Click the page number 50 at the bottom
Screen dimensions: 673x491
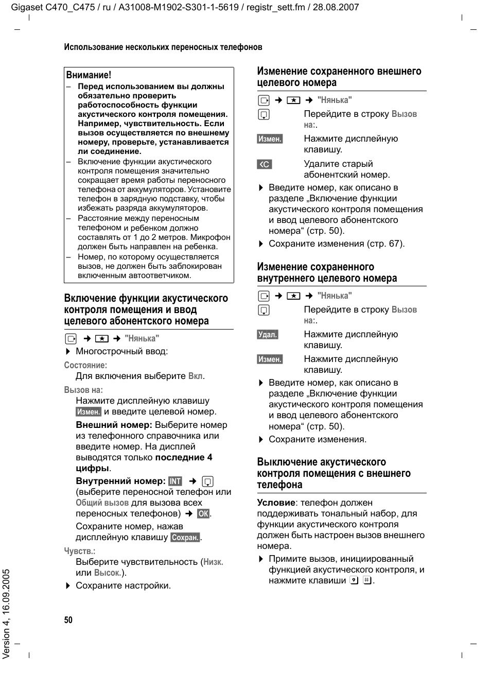coord(68,620)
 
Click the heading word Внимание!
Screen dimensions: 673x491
coord(89,75)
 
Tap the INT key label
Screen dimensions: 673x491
coord(175,481)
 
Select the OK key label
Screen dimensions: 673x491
coord(203,513)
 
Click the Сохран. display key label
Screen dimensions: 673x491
coord(185,538)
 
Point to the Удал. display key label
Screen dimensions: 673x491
coord(268,335)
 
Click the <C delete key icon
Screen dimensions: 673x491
coord(265,164)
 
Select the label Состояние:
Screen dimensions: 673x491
coord(85,365)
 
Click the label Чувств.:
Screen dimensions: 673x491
coord(80,551)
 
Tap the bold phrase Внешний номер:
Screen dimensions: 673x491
coord(114,425)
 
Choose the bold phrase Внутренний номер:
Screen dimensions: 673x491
coord(120,481)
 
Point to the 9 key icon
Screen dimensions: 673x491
coord(354,580)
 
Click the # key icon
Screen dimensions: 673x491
coord(367,580)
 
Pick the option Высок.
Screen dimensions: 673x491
coord(107,573)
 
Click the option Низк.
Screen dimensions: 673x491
coord(213,562)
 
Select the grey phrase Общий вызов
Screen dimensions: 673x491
coord(102,503)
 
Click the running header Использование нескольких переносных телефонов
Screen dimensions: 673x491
coord(163,47)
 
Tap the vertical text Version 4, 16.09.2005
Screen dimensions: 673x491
coord(7,613)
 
